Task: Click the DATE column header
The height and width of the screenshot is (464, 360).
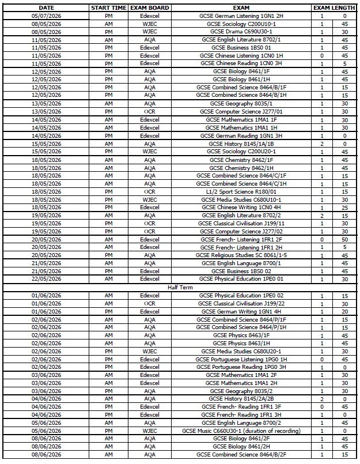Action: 46,7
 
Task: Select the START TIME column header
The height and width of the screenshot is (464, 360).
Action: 109,7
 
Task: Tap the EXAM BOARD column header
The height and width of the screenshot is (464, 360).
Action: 150,7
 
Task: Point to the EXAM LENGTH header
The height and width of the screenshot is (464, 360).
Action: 334,7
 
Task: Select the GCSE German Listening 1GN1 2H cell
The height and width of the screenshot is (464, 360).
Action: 242,16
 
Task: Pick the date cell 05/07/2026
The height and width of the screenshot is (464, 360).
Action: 46,16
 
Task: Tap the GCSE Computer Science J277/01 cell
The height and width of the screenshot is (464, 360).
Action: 242,111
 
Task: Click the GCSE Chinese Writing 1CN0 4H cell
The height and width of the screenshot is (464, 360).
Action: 242,207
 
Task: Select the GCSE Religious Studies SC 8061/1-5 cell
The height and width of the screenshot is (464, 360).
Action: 242,255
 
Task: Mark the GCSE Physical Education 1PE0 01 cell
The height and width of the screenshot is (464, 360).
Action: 242,278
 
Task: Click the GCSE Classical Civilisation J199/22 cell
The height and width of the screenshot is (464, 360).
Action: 242,303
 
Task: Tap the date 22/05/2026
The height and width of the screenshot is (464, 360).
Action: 46,278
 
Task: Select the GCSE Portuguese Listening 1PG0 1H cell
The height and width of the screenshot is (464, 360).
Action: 242,359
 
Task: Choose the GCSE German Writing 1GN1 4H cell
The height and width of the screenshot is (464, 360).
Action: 242,311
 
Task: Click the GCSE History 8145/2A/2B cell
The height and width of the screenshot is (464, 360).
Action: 242,398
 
